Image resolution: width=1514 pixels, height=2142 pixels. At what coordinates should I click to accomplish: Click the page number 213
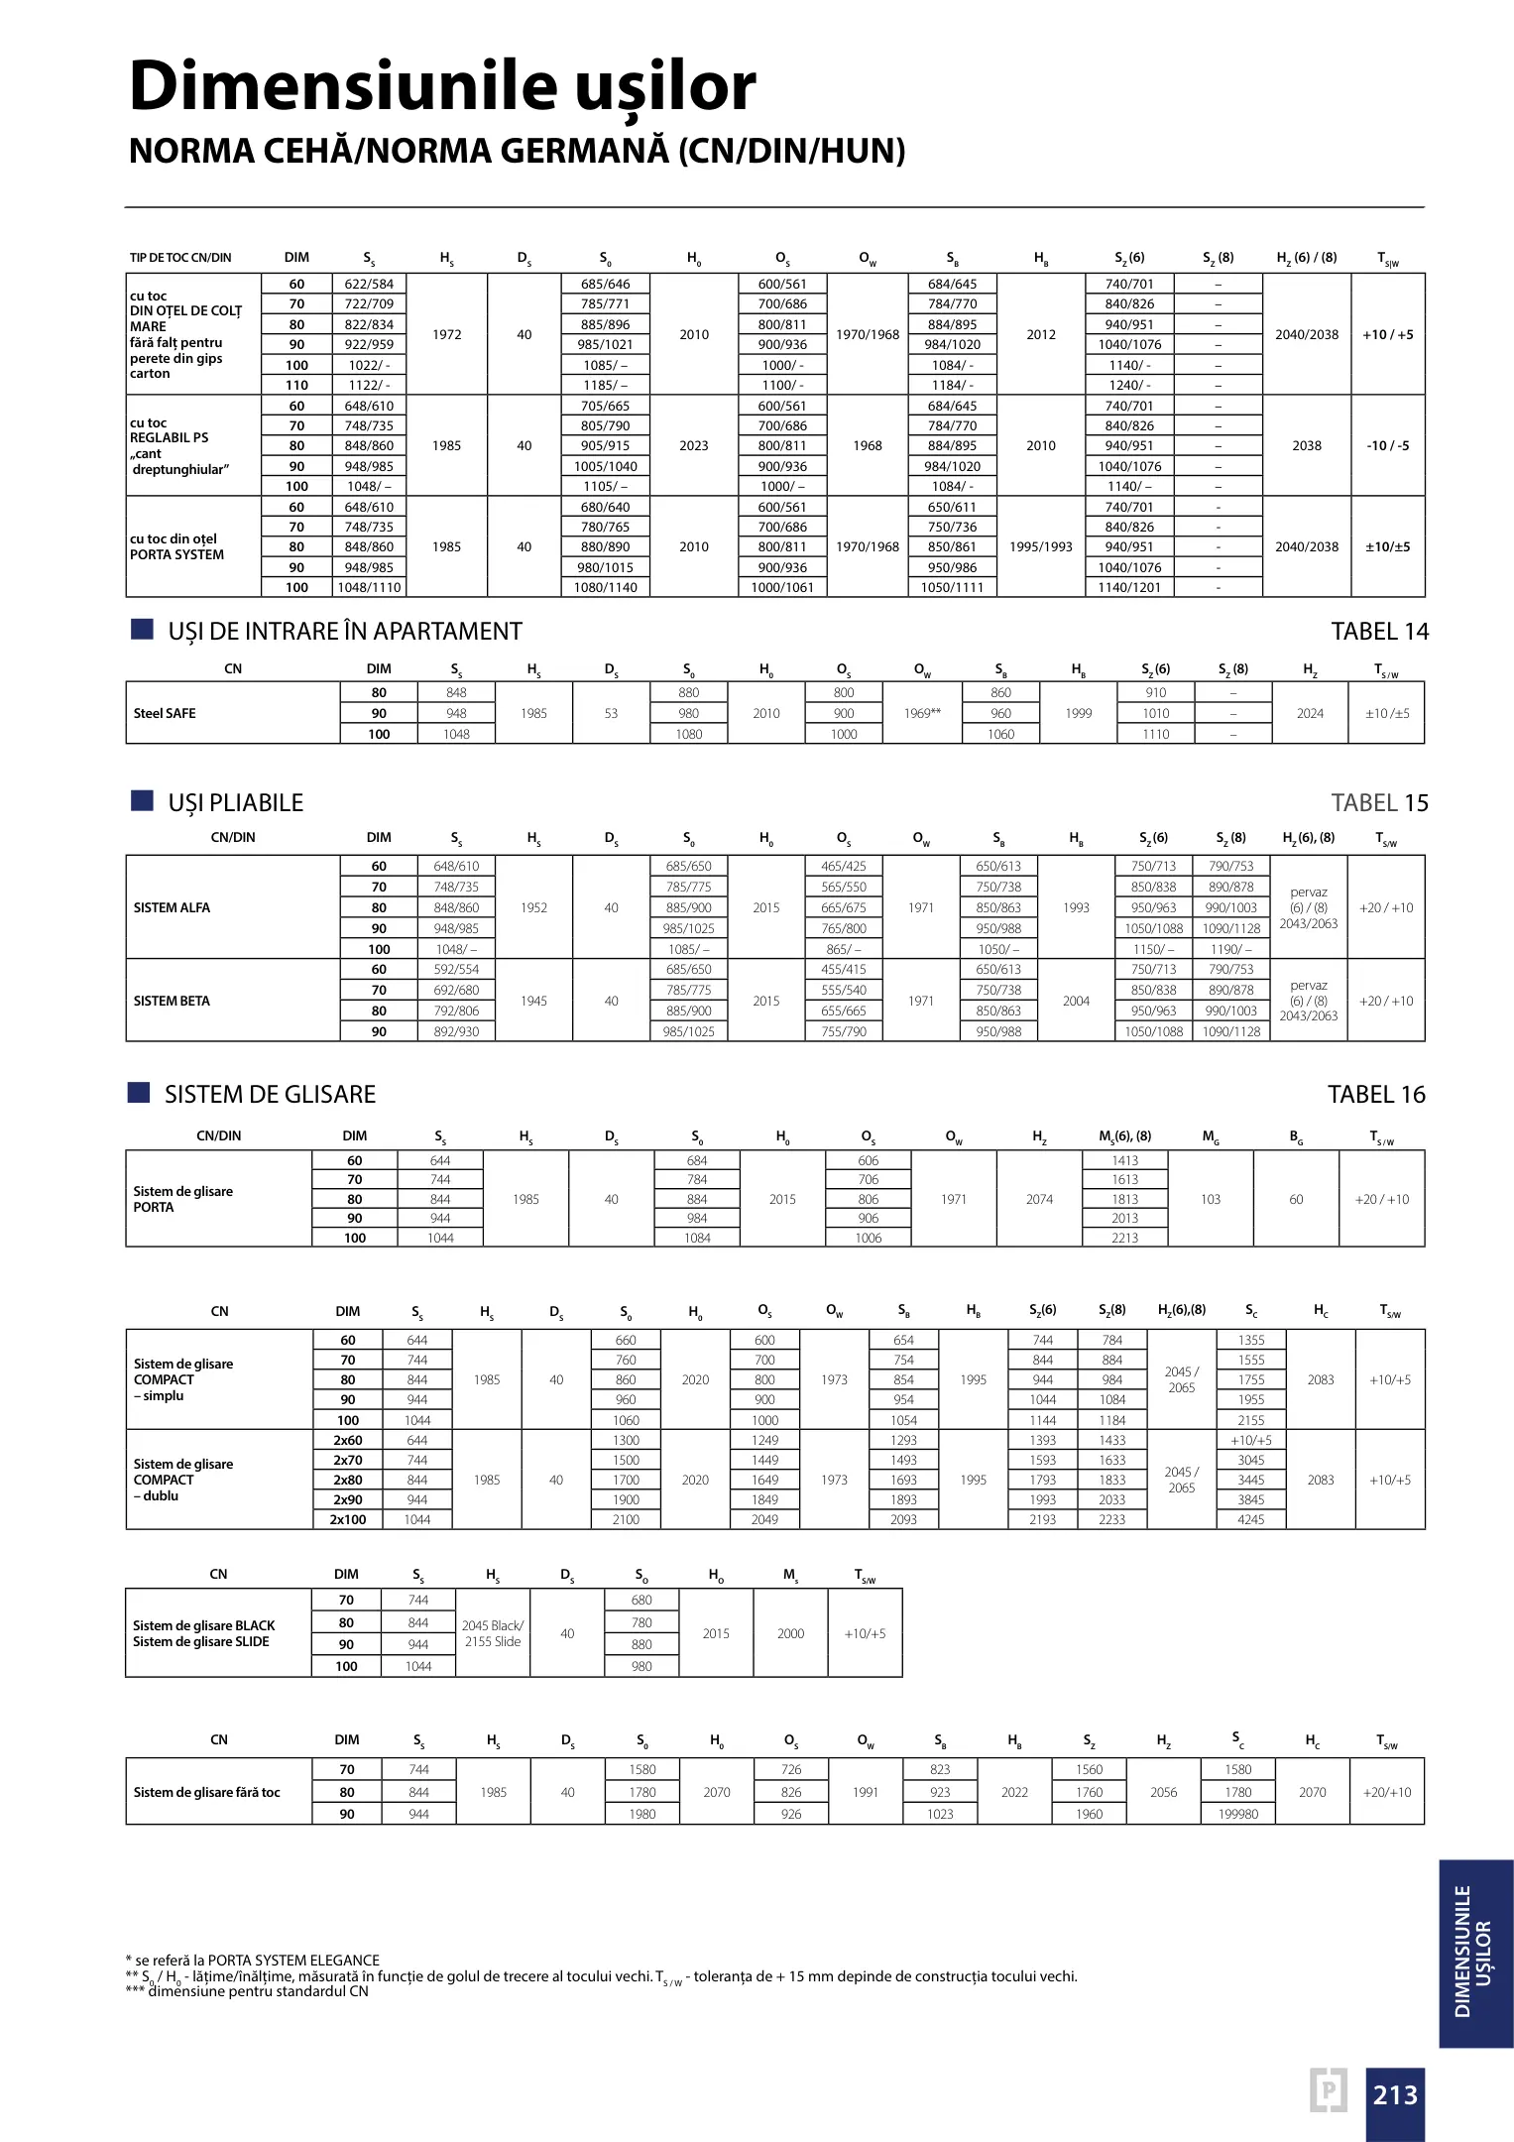click(x=1395, y=2094)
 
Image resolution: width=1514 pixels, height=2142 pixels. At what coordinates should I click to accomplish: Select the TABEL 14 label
click(x=1379, y=632)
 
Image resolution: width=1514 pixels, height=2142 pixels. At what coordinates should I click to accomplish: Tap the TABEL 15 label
click(x=1379, y=803)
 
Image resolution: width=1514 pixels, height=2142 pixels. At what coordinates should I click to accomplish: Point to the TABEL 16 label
click(x=1376, y=1095)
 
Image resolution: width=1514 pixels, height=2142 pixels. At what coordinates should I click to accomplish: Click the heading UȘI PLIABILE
click(x=236, y=803)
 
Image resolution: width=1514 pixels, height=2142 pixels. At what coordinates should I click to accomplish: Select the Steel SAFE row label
click(x=165, y=713)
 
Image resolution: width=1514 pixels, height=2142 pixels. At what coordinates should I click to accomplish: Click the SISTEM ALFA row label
click(x=172, y=907)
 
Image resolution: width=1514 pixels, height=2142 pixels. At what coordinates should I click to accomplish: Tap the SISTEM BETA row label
click(x=172, y=1001)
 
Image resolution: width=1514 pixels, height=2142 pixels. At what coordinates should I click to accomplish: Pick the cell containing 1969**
click(x=922, y=713)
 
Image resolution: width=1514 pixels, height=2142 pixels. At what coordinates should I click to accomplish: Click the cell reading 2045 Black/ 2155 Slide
click(x=493, y=1633)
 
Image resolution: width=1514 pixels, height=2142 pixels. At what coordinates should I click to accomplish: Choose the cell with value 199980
click(x=1238, y=1814)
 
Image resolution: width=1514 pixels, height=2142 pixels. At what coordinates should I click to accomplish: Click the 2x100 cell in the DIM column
click(x=348, y=1519)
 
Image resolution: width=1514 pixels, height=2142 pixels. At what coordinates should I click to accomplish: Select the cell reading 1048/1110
click(x=369, y=587)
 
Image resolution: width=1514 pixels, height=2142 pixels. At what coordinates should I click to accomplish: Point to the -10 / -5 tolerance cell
click(x=1387, y=445)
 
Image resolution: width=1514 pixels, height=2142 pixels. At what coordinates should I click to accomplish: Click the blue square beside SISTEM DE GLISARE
click(x=139, y=1093)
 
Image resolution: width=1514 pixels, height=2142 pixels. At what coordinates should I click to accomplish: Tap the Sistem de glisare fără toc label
click(x=206, y=1792)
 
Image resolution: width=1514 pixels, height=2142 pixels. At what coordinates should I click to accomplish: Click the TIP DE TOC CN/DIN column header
click(x=180, y=258)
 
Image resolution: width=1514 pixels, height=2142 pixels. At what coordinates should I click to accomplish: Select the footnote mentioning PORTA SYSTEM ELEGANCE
click(x=253, y=1961)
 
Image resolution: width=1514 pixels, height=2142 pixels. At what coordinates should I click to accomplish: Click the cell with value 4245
click(x=1250, y=1519)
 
